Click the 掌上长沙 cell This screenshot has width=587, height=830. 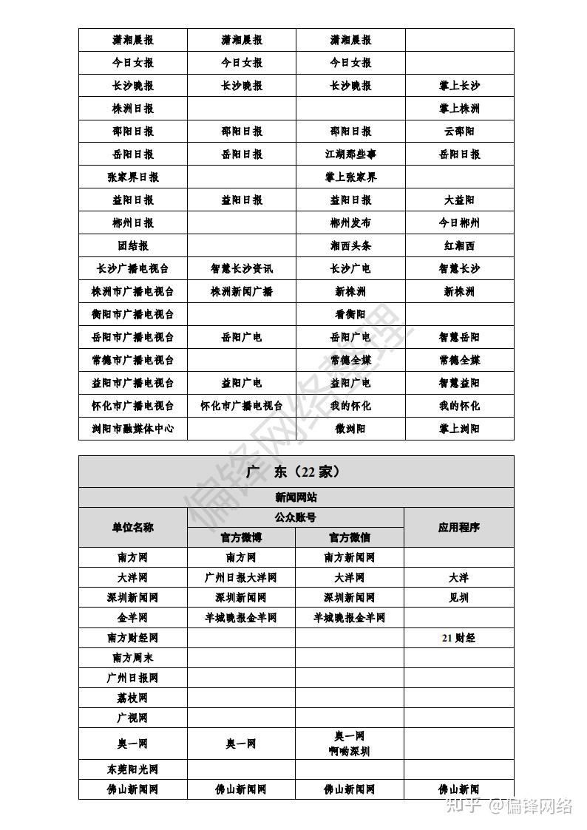[459, 86]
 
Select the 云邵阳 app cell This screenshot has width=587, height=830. [459, 132]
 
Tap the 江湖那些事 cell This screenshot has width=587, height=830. [350, 154]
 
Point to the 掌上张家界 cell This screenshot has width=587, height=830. [350, 177]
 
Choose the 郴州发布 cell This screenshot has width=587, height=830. [350, 223]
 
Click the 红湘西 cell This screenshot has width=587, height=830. [459, 246]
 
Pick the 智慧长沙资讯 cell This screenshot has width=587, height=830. [242, 269]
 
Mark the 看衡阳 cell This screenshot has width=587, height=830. [350, 314]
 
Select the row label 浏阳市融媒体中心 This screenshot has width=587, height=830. [133, 429]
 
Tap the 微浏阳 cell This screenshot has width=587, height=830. [350, 429]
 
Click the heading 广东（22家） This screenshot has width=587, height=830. [296, 472]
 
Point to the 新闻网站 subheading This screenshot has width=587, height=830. [296, 497]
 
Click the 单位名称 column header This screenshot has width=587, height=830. [133, 527]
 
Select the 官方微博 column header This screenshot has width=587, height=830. [241, 537]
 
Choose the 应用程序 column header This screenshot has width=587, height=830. [459, 527]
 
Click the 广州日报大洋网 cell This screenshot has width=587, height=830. [241, 578]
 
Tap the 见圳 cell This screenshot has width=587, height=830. [459, 598]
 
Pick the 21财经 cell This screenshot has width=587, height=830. [459, 638]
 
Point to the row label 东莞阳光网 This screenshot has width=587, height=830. [133, 769]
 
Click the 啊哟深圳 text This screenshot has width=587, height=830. [350, 752]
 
